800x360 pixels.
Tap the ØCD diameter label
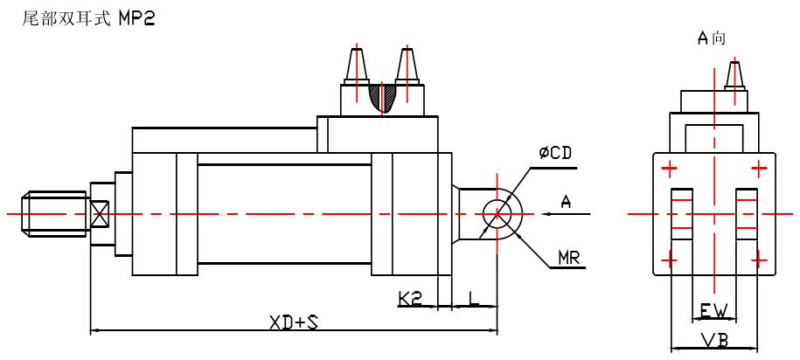click(555, 154)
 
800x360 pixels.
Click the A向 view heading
click(711, 38)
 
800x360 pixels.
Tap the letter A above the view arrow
click(566, 202)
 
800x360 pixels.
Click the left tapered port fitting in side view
click(357, 65)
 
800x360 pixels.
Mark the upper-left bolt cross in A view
click(671, 168)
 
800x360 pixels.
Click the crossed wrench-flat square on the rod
click(100, 213)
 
